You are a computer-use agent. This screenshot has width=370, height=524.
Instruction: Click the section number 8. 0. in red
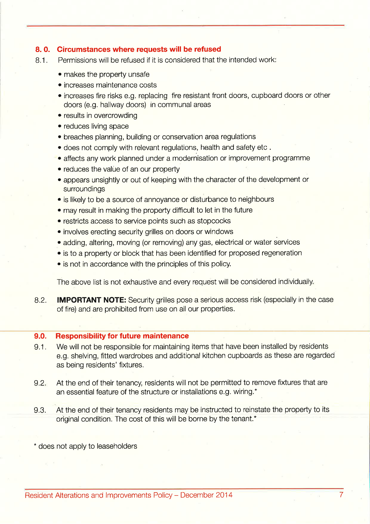(42, 49)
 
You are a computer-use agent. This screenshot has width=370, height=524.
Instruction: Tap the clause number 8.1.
(41, 60)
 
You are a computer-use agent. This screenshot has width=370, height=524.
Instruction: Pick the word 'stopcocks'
(214, 221)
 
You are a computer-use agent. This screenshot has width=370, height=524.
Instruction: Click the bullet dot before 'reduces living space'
(60, 126)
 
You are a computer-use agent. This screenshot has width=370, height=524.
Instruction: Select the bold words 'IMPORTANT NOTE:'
(91, 300)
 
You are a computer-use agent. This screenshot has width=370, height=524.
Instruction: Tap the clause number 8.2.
(40, 300)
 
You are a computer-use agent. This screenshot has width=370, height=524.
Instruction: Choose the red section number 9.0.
(40, 336)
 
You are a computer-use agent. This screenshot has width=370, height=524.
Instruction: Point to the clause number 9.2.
(40, 383)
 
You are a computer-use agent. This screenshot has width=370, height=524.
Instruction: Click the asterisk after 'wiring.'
(256, 391)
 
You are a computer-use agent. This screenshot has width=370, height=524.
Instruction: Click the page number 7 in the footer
(341, 495)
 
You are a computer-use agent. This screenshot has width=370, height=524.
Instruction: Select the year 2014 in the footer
(224, 495)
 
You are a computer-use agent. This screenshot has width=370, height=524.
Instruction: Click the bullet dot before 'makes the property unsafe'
(60, 75)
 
